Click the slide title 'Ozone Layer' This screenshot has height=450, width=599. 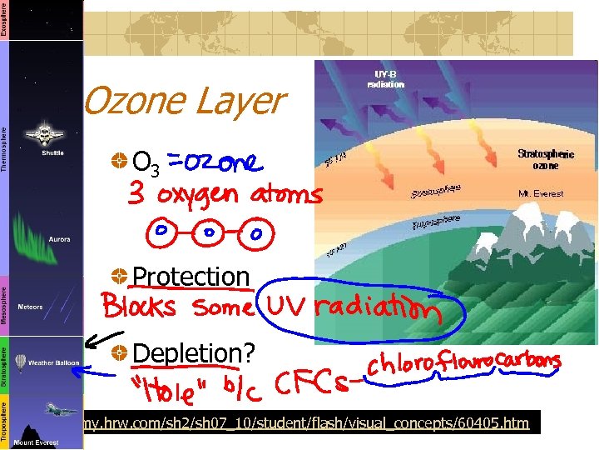pyautogui.click(x=184, y=102)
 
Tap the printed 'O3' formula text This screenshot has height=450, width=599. pyautogui.click(x=146, y=160)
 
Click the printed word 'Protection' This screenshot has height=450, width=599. pyautogui.click(x=191, y=276)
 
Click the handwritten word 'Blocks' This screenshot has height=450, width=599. pyautogui.click(x=139, y=307)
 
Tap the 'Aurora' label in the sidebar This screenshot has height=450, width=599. pyautogui.click(x=59, y=239)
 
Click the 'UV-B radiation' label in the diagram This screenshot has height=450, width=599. pyautogui.click(x=385, y=79)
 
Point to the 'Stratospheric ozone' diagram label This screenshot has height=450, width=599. pyautogui.click(x=545, y=159)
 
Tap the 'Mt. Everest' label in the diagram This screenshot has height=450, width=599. pyautogui.click(x=540, y=193)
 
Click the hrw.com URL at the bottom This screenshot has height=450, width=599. pyautogui.click(x=306, y=422)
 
